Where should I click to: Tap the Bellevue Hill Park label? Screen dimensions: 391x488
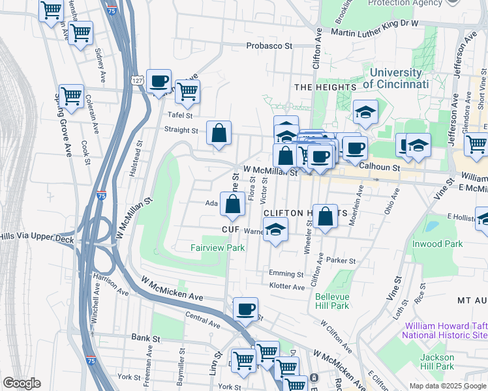coord(332,300)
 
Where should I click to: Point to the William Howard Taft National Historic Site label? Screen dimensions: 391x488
coord(444,330)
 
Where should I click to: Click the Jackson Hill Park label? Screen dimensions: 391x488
coord(436,362)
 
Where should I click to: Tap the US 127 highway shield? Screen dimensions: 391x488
coord(136,80)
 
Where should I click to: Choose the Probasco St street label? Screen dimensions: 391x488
coord(269,46)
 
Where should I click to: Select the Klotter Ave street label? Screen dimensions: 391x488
coord(287,287)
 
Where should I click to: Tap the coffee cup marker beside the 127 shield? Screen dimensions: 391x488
coord(159,81)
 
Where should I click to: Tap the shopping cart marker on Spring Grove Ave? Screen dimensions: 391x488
coord(71,96)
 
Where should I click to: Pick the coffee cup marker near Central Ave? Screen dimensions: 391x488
coord(245,310)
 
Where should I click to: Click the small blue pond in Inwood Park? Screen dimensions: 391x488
coord(431,227)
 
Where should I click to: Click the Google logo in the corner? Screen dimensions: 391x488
coord(22,383)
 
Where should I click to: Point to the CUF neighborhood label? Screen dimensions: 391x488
coord(228,230)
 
